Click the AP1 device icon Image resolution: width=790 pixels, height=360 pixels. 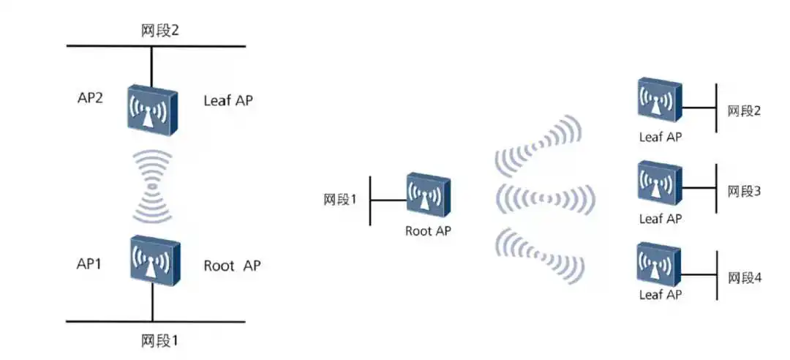[x=154, y=260]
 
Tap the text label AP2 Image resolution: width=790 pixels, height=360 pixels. [x=90, y=99]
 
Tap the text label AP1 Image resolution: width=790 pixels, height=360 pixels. [x=89, y=264]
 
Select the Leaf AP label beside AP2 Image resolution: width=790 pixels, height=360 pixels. [x=228, y=101]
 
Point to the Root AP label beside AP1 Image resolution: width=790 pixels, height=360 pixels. [x=232, y=265]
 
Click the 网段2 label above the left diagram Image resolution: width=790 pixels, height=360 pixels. [x=160, y=31]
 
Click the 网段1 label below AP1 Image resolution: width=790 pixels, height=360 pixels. [x=160, y=340]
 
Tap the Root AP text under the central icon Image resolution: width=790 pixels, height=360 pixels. [x=428, y=231]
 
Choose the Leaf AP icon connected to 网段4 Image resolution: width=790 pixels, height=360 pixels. [x=659, y=264]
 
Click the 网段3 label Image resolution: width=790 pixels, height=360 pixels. [x=744, y=192]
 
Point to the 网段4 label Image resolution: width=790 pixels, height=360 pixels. [x=744, y=279]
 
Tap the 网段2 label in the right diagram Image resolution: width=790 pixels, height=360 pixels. [x=744, y=111]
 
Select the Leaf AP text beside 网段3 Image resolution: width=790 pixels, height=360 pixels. [x=661, y=218]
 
